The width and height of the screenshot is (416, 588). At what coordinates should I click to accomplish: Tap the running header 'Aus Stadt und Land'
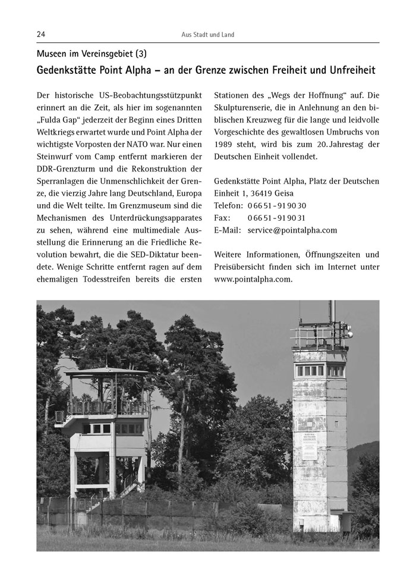[207, 35]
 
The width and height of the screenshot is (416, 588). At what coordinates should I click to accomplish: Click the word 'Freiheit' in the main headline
[285, 70]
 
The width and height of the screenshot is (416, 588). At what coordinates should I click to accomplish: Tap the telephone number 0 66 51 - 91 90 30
[276, 205]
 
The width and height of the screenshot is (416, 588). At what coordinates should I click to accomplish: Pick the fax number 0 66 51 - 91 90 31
[276, 218]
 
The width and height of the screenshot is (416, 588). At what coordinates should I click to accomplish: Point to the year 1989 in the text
[225, 145]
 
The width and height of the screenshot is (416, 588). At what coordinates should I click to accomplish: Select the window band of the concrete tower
[319, 370]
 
